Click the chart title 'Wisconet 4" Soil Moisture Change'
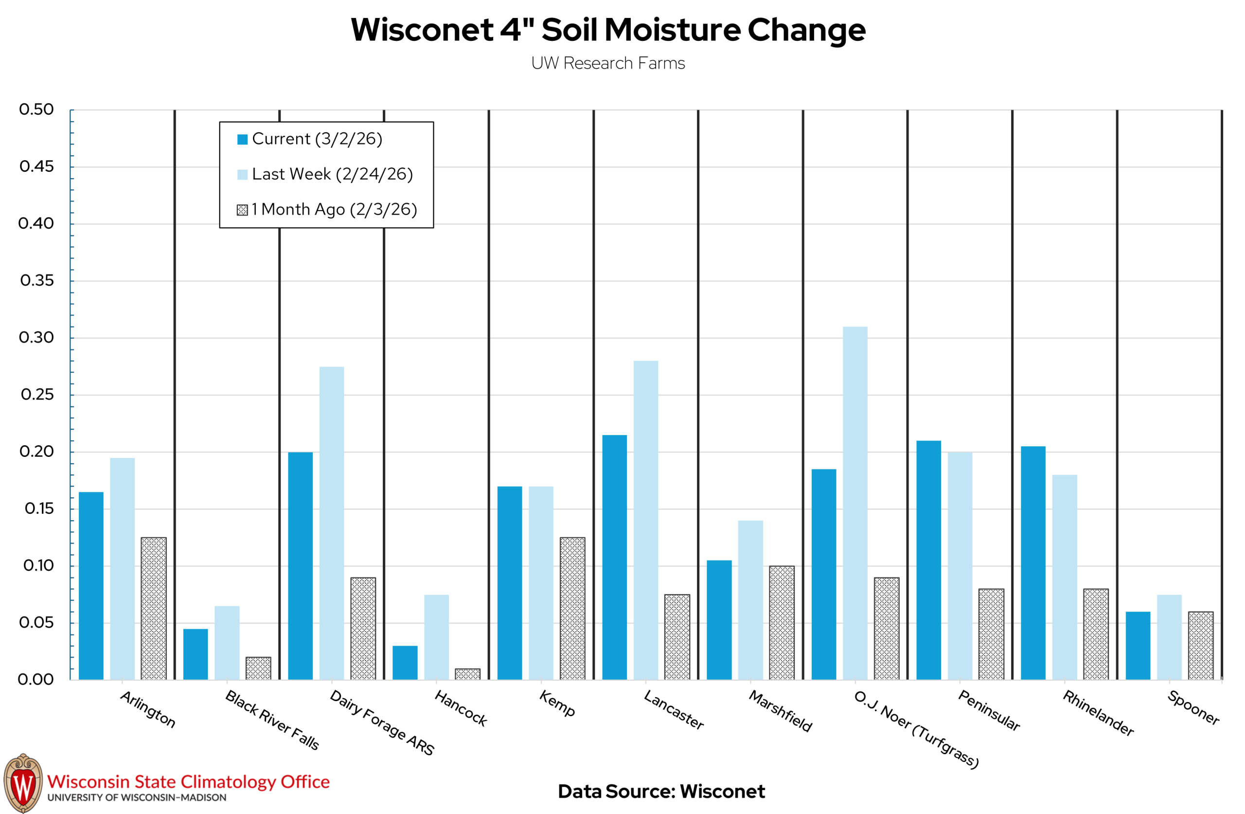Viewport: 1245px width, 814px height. (x=608, y=30)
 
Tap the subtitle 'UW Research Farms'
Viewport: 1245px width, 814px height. (x=608, y=63)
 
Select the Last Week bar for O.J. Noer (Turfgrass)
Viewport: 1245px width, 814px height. (x=855, y=503)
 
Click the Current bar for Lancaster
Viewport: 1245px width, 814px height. (x=615, y=558)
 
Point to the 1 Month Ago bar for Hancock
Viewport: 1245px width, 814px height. (x=468, y=674)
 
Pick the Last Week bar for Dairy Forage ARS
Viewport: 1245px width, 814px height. (x=332, y=524)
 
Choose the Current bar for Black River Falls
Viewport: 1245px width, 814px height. (x=196, y=654)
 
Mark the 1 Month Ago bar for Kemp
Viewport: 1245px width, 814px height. (x=573, y=609)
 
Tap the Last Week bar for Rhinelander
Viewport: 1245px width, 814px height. (x=1065, y=578)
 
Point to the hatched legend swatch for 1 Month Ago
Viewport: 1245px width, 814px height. (x=242, y=210)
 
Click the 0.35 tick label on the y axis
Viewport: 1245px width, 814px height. (x=36, y=281)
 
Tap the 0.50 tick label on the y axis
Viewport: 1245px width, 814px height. (x=36, y=110)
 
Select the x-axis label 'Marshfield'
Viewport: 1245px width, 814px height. (x=781, y=711)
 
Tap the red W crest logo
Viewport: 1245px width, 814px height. (x=23, y=783)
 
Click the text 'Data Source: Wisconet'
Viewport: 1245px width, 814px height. (x=661, y=792)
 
